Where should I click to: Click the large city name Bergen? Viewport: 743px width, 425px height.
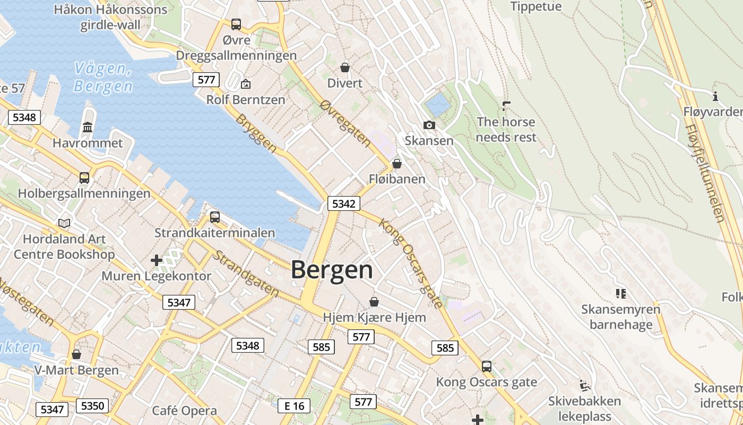332,270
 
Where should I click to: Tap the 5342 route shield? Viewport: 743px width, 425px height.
343,203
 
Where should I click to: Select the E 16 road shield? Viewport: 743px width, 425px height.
294,406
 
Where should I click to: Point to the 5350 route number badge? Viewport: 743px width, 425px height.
92,406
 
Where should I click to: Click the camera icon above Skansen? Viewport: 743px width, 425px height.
429,125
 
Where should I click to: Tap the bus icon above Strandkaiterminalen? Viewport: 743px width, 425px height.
215,217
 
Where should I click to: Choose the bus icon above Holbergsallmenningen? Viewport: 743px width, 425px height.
84,177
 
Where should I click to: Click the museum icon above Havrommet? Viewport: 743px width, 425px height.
88,127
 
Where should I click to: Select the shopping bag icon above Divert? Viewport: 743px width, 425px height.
345,67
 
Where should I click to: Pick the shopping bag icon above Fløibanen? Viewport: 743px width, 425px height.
396,164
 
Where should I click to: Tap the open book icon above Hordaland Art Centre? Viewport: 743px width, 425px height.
64,223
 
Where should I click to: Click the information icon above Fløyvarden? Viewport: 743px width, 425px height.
715,96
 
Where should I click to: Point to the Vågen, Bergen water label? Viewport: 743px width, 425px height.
103,77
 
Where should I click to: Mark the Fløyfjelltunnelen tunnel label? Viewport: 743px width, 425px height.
704,173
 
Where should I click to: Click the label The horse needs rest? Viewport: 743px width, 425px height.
506,130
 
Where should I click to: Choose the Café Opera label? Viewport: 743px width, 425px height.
184,411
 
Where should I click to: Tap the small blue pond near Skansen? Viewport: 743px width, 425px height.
438,105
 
